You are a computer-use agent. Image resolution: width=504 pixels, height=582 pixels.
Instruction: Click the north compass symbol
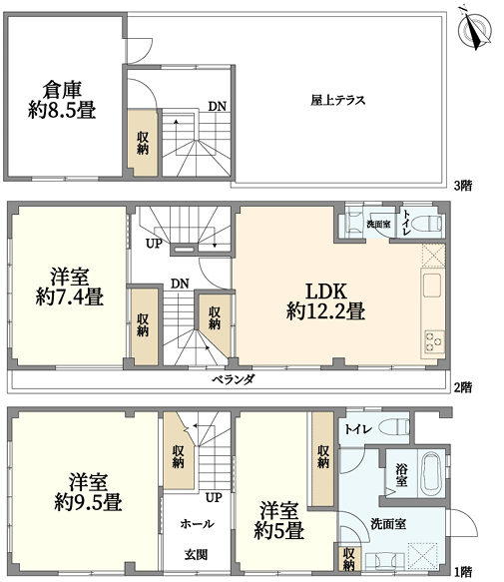point(476,28)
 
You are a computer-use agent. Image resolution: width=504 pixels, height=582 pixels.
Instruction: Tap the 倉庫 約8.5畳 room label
point(62,100)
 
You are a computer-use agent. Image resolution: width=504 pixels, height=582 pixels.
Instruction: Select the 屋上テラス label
point(338,100)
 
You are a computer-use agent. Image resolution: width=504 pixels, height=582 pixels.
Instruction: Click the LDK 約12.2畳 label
point(326,301)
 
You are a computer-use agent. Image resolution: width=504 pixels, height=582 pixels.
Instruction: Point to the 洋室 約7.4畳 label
point(70,287)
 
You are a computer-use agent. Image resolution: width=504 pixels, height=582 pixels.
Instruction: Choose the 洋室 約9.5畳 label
point(89,492)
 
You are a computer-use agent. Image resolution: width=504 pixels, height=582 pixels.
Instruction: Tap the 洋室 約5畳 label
point(279,520)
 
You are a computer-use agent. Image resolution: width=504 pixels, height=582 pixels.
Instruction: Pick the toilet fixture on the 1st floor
point(394,427)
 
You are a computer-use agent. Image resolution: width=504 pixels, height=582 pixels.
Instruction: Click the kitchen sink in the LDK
point(432,286)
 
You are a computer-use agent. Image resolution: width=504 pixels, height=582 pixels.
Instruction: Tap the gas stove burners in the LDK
point(434,341)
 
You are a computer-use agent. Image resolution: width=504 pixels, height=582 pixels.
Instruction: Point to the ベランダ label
point(234,379)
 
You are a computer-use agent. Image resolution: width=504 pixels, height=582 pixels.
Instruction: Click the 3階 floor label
point(463,186)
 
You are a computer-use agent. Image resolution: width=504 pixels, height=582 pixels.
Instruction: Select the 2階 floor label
point(463,387)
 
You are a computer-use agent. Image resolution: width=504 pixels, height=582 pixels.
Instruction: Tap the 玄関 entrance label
point(196,555)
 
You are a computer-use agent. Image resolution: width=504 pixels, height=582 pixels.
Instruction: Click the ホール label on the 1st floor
point(197,524)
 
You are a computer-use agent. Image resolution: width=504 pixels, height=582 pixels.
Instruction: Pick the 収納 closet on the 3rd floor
point(143,143)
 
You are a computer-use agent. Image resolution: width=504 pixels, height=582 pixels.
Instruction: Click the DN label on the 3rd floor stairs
point(218,107)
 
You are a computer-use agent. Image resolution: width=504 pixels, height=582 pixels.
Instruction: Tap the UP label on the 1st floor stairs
point(214,497)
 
